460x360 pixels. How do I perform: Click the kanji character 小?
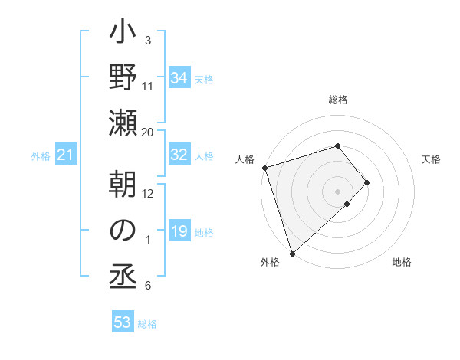(x=123, y=35)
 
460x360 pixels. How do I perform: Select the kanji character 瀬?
(x=123, y=122)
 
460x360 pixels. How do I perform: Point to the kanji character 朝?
(x=123, y=185)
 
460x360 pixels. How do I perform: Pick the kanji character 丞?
(x=123, y=273)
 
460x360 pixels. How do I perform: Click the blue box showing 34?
(x=179, y=77)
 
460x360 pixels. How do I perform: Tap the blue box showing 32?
(x=179, y=155)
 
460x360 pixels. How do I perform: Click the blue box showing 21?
(x=65, y=155)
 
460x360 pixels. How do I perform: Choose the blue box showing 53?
(x=123, y=322)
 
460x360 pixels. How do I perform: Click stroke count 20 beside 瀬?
(x=148, y=132)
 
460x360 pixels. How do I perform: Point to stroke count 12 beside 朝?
(x=148, y=194)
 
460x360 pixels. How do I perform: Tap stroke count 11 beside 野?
(x=148, y=86)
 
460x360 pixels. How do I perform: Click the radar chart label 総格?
(x=338, y=100)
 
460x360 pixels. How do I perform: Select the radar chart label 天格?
(x=432, y=159)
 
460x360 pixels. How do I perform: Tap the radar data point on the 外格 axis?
(x=292, y=252)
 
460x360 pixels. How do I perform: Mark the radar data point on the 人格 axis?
(x=264, y=167)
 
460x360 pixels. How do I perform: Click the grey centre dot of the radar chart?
(x=337, y=190)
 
